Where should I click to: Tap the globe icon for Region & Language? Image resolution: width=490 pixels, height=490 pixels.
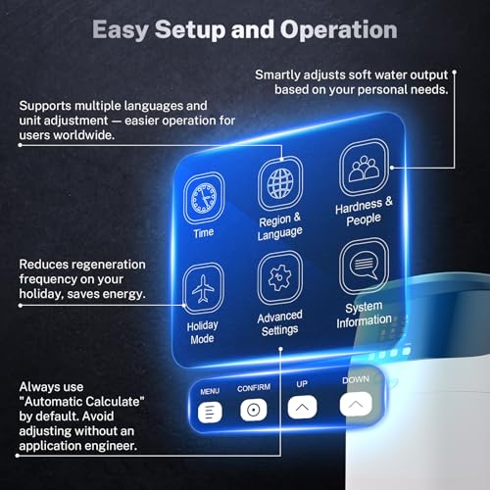(279, 183)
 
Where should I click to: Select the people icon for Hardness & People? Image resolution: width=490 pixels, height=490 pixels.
(364, 169)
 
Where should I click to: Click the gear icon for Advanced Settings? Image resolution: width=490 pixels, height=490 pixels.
(279, 277)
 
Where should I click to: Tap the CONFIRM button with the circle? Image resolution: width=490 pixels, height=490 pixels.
(253, 410)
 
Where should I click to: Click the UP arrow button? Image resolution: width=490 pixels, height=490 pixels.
(303, 406)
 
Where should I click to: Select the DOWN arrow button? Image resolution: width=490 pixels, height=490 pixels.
(355, 401)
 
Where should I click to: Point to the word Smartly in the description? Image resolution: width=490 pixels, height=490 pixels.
(283, 74)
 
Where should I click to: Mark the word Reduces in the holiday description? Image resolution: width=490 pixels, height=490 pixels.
(45, 265)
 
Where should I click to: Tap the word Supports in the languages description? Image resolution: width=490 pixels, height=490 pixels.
(49, 104)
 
